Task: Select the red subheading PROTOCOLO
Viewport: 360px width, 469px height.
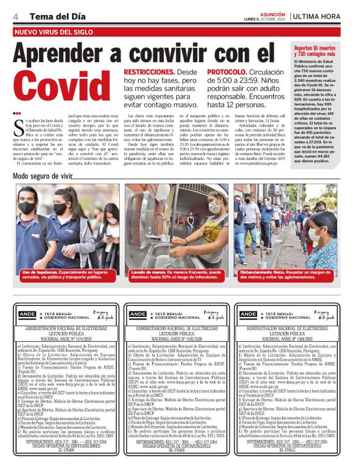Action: [227, 72]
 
